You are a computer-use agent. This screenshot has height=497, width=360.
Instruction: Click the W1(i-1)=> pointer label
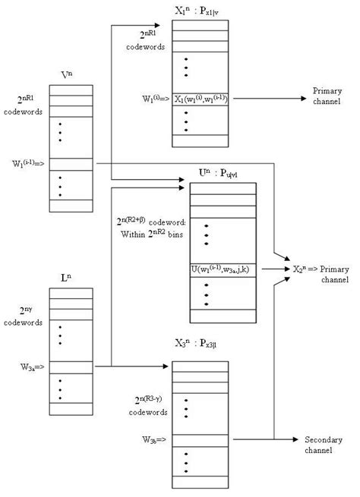28,163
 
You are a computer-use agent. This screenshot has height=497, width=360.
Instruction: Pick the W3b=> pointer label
146,439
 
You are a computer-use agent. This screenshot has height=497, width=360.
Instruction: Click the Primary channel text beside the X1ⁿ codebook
327,96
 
